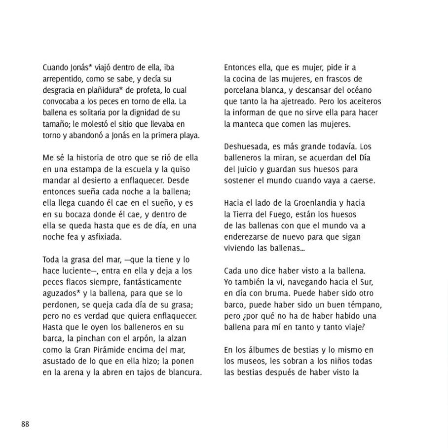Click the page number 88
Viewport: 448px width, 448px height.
[25, 424]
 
